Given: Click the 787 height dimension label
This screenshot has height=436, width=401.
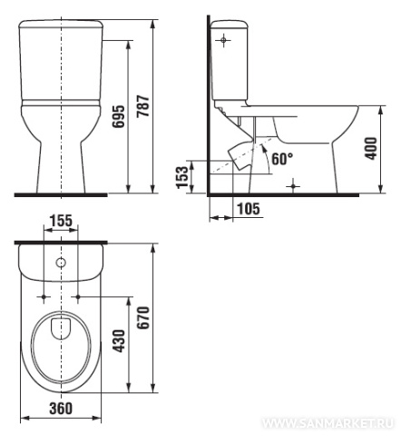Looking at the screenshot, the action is pyautogui.click(x=143, y=106).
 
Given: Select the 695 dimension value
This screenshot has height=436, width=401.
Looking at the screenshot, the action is pyautogui.click(x=119, y=116).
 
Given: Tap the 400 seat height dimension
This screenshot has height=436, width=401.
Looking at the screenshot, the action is pyautogui.click(x=371, y=148).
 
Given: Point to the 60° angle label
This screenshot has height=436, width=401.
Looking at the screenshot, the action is pyautogui.click(x=282, y=159).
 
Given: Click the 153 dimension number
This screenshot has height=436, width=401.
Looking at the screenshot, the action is pyautogui.click(x=182, y=177).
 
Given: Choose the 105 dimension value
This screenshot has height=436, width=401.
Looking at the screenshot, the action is pyautogui.click(x=249, y=209).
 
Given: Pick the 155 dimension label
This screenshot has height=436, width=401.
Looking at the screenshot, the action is pyautogui.click(x=61, y=221).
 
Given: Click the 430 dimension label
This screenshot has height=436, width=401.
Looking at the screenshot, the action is pyautogui.click(x=119, y=341).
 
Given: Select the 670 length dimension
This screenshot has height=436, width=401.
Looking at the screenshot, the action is pyautogui.click(x=143, y=318).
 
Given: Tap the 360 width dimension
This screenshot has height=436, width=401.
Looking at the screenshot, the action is pyautogui.click(x=61, y=408).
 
